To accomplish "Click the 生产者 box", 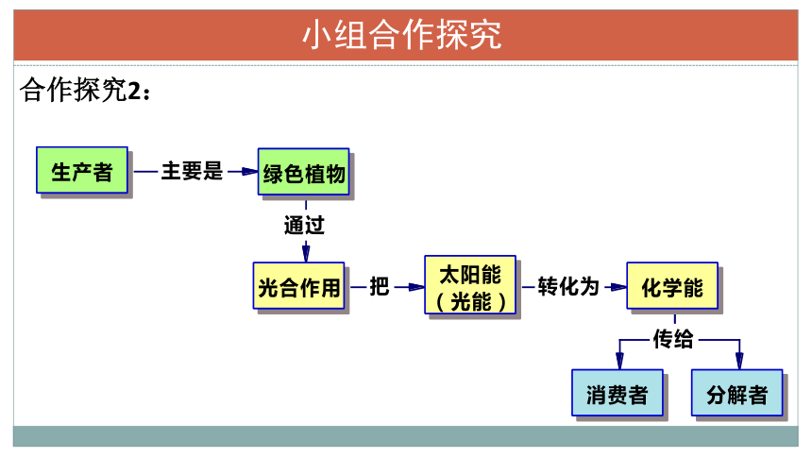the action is click(82, 170).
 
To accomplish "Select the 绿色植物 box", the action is click(303, 172).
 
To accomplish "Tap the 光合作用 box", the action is click(298, 285).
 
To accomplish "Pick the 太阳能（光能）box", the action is click(470, 284).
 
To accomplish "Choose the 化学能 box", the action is click(672, 285).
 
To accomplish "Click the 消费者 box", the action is click(617, 392).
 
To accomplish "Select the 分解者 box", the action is click(736, 392).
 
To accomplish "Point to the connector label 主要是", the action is click(192, 171).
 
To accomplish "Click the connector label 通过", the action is click(304, 226).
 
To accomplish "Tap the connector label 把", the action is click(379, 286).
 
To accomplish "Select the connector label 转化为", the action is click(568, 286).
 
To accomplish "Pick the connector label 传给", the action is click(672, 339).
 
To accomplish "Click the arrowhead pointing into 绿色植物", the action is click(250, 172).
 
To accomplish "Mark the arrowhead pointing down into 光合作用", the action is click(306, 254).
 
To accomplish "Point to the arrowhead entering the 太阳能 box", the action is click(416, 287).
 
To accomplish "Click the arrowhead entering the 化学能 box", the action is click(618, 287).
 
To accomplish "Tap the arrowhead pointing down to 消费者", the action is click(619, 361).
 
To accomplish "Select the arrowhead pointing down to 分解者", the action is click(739, 361).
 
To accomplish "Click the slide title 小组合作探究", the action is click(402, 35).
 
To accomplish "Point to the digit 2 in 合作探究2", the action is click(134, 92).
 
